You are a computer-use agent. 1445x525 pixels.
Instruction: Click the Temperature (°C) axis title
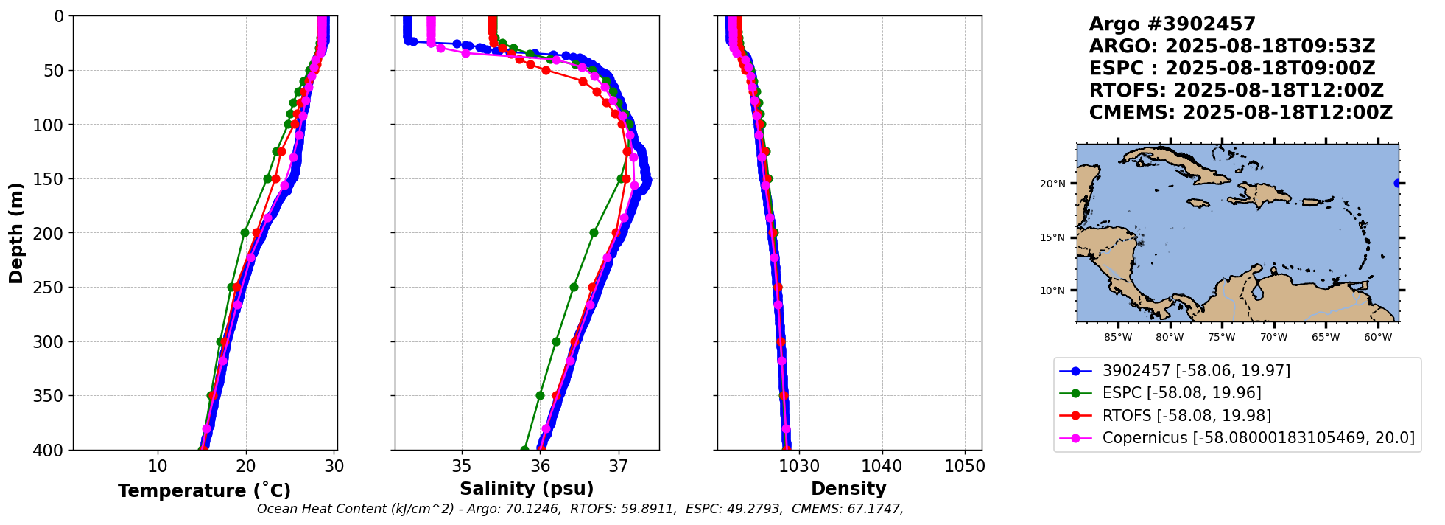(x=204, y=491)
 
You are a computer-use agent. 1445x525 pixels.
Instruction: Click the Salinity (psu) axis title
(x=527, y=489)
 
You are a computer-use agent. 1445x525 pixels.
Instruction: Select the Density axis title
(x=848, y=489)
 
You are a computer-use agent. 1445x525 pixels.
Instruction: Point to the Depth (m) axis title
(x=16, y=233)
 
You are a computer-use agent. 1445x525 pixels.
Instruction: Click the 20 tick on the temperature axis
(x=246, y=466)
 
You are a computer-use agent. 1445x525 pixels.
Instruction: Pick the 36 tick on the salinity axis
(x=540, y=466)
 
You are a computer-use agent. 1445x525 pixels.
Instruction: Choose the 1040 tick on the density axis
(x=882, y=466)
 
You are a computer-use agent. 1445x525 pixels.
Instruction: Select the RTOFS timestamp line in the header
(x=1236, y=91)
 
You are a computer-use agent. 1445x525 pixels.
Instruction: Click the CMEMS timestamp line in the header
(x=1240, y=113)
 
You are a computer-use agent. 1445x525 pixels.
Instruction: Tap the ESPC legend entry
(x=1181, y=393)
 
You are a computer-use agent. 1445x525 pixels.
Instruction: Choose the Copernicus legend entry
(x=1258, y=438)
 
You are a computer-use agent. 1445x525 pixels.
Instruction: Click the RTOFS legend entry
(x=1186, y=416)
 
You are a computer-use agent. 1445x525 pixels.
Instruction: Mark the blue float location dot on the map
(x=1397, y=184)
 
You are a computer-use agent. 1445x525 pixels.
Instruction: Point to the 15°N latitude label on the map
(x=1052, y=237)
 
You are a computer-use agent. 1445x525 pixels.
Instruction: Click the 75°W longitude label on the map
(x=1221, y=338)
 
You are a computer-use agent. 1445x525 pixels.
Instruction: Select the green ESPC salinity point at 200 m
(x=594, y=232)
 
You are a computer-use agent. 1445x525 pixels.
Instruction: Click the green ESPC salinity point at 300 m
(x=556, y=341)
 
